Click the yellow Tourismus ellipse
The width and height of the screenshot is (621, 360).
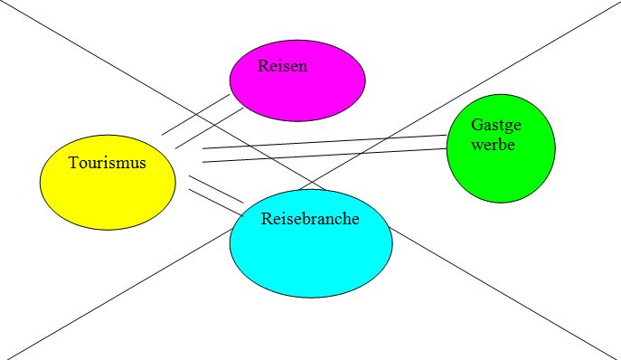tap(108, 183)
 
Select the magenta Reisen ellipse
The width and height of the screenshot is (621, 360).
tap(297, 81)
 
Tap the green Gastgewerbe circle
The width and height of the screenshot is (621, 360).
tap(501, 148)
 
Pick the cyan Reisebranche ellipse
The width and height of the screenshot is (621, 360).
tap(311, 243)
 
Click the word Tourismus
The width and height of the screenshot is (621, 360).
tap(108, 163)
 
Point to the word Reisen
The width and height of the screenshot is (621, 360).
tap(282, 66)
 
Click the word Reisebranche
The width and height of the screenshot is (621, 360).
tap(310, 219)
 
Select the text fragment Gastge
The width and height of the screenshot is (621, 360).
tap(496, 126)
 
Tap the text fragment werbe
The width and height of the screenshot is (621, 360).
tap(493, 145)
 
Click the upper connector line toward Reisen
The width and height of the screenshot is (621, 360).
tap(196, 115)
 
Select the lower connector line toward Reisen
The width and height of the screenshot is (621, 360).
tap(210, 128)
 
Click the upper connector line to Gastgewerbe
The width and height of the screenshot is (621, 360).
tap(325, 141)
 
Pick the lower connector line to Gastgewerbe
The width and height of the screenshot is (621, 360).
tap(325, 155)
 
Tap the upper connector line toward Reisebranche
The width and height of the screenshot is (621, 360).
tap(216, 189)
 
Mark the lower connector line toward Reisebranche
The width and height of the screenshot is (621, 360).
tap(216, 203)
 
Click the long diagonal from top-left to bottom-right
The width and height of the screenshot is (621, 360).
tap(311, 180)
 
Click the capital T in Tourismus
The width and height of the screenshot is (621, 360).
tap(73, 163)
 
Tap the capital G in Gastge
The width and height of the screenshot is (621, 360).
tap(475, 125)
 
